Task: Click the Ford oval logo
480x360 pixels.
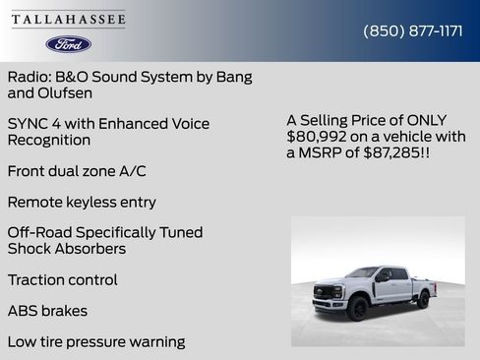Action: pyautogui.click(x=69, y=44)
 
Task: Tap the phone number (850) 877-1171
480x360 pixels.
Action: pyautogui.click(x=413, y=30)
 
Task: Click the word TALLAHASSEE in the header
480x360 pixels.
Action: pyautogui.click(x=69, y=20)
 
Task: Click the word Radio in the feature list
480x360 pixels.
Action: pyautogui.click(x=28, y=77)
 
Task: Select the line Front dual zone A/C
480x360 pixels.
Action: pyautogui.click(x=77, y=171)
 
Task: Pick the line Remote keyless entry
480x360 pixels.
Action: pyautogui.click(x=82, y=202)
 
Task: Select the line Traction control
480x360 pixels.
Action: pyautogui.click(x=62, y=279)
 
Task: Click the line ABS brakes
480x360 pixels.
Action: pyautogui.click(x=47, y=311)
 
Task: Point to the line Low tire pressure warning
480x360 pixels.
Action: pyautogui.click(x=96, y=341)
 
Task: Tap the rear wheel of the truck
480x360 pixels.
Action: pyautogui.click(x=422, y=299)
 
